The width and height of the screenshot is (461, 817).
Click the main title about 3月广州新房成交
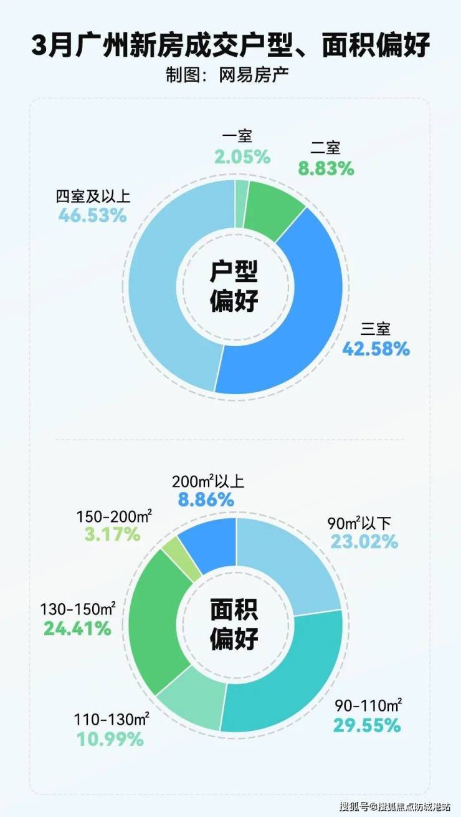(230, 47)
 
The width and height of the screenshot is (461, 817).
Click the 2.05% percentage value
(242, 157)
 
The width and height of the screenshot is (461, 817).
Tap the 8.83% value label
(325, 168)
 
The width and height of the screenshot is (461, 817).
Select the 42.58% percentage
(376, 348)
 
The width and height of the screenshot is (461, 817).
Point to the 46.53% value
(93, 216)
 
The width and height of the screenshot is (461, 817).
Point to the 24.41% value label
(77, 628)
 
